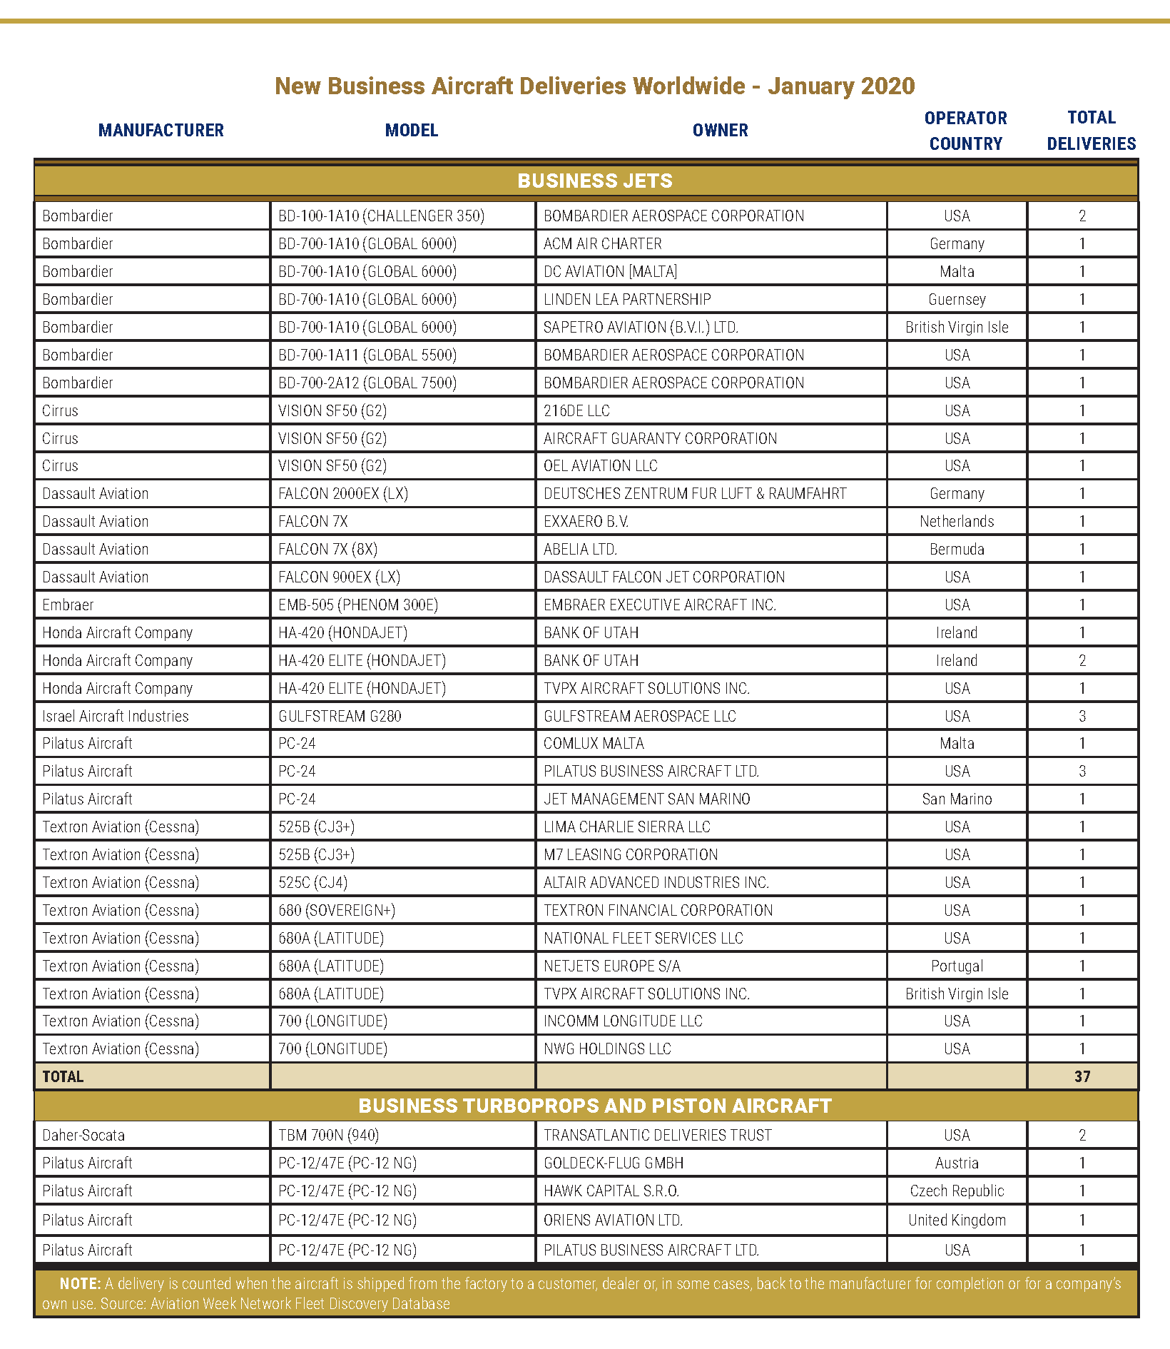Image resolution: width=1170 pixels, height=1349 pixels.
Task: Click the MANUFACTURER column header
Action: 161,131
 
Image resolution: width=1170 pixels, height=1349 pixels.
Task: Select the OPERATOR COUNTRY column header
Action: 965,131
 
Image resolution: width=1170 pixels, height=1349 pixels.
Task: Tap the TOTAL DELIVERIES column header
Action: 1091,131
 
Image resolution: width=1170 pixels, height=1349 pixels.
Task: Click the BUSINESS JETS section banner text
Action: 594,181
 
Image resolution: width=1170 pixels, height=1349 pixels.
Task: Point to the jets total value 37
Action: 1082,1076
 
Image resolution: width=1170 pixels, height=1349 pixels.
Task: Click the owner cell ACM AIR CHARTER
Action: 602,244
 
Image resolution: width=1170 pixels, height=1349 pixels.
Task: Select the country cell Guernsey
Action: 957,300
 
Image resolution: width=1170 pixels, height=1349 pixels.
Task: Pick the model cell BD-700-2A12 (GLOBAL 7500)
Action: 367,383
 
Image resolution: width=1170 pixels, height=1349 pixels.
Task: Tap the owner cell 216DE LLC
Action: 576,411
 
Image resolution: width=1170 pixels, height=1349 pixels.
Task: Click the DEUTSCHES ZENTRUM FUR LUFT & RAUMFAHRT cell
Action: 694,494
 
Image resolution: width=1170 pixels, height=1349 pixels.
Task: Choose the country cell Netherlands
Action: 957,522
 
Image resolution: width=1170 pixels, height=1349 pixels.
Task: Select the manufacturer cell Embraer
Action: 68,605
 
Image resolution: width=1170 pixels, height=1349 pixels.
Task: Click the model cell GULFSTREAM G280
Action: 340,717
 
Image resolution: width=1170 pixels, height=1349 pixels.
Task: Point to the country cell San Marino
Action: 957,799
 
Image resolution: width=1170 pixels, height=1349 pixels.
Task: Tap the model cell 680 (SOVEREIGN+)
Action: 337,911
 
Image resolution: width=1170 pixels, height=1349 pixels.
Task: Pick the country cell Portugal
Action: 957,966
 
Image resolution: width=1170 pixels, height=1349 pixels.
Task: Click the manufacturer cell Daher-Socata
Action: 83,1136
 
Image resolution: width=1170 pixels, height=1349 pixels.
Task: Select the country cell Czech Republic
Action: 957,1191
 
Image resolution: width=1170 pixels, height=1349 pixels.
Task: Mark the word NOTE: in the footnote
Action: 80,1284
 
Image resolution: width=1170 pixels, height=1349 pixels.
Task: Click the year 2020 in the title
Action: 887,86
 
